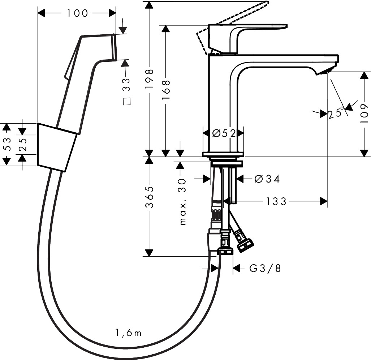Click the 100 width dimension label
coord(77,13)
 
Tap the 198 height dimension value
coord(150,79)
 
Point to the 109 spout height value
coord(364,113)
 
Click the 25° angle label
coord(336,113)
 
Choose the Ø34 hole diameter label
coord(267,179)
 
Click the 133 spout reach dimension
coord(276,202)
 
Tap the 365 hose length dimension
coord(150,197)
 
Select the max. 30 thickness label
coord(182,202)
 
